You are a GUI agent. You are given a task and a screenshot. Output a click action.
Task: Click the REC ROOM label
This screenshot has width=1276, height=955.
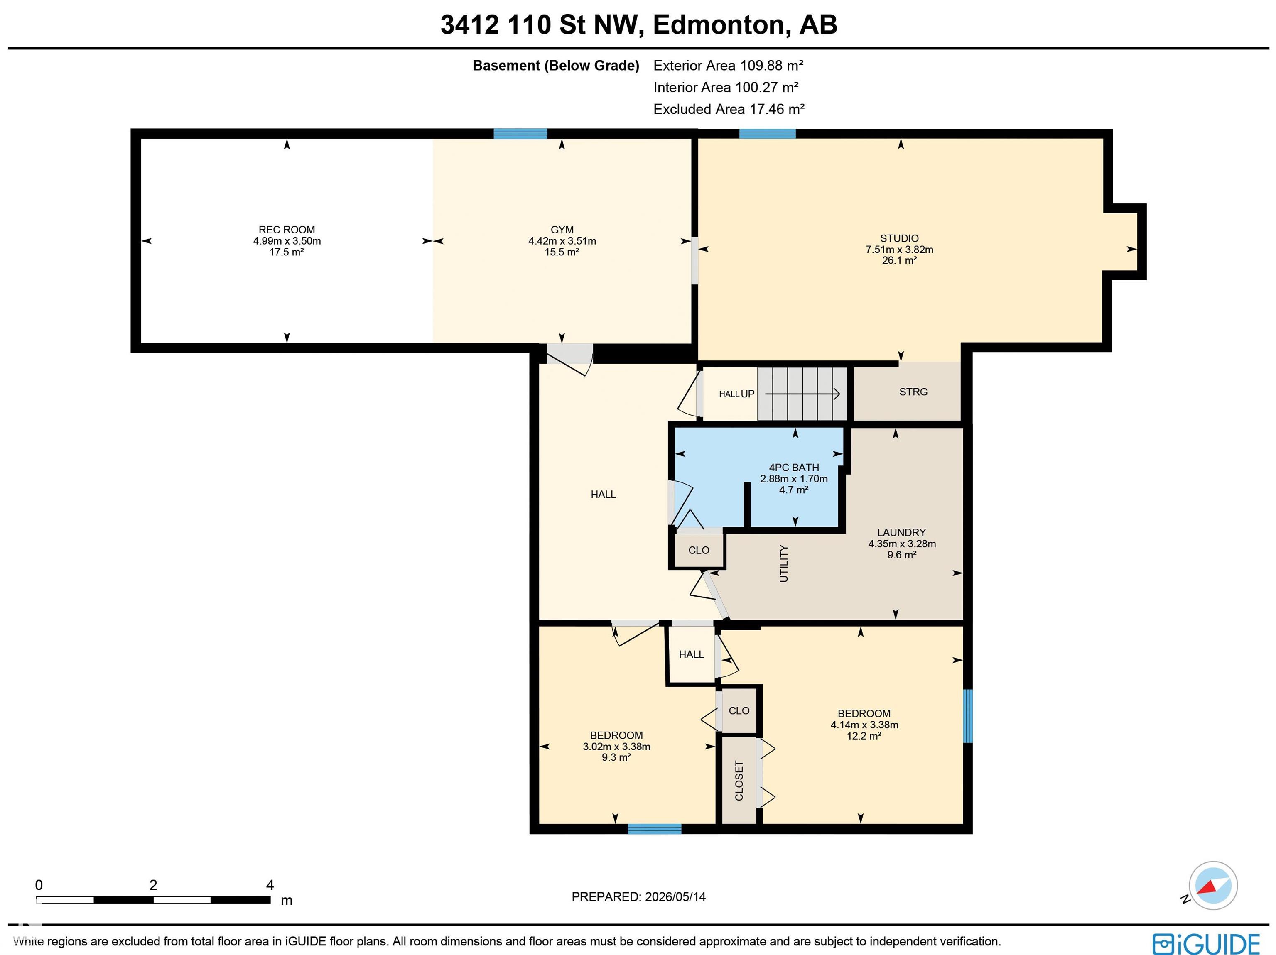[287, 230]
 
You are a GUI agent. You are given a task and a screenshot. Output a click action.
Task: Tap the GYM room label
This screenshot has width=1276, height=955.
[562, 230]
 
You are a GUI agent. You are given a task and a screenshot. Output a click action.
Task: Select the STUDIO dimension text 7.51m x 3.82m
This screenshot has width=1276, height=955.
[899, 250]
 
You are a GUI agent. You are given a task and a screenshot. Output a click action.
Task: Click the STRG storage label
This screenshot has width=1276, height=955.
[913, 392]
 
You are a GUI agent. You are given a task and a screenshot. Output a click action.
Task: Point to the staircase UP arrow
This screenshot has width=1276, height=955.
[802, 394]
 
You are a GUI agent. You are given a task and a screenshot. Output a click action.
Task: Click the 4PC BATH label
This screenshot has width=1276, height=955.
[794, 468]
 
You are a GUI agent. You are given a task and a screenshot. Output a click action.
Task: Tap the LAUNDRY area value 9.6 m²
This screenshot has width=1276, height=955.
[902, 555]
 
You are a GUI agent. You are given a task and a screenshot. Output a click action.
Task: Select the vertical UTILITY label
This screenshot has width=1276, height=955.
[784, 563]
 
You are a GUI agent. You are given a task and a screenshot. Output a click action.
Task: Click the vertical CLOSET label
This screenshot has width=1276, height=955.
[739, 780]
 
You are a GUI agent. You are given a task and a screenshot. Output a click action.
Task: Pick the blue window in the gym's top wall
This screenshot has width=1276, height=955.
[520, 134]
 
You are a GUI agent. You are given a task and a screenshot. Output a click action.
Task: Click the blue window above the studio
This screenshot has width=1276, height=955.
[767, 134]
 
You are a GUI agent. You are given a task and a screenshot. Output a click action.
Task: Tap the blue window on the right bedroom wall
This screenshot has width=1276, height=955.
[968, 716]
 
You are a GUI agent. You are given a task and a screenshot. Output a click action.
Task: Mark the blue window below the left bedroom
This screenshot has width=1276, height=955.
[655, 829]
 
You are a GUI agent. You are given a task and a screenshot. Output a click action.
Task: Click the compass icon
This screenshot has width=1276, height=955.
[1212, 886]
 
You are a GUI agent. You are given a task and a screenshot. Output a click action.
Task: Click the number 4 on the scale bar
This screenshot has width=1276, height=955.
[270, 885]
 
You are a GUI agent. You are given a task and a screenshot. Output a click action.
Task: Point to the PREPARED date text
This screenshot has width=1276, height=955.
[638, 897]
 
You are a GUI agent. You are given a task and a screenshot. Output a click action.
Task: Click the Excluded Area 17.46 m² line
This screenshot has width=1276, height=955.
[729, 109]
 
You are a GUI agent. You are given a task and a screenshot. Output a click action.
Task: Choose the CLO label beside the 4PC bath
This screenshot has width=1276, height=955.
[699, 551]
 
